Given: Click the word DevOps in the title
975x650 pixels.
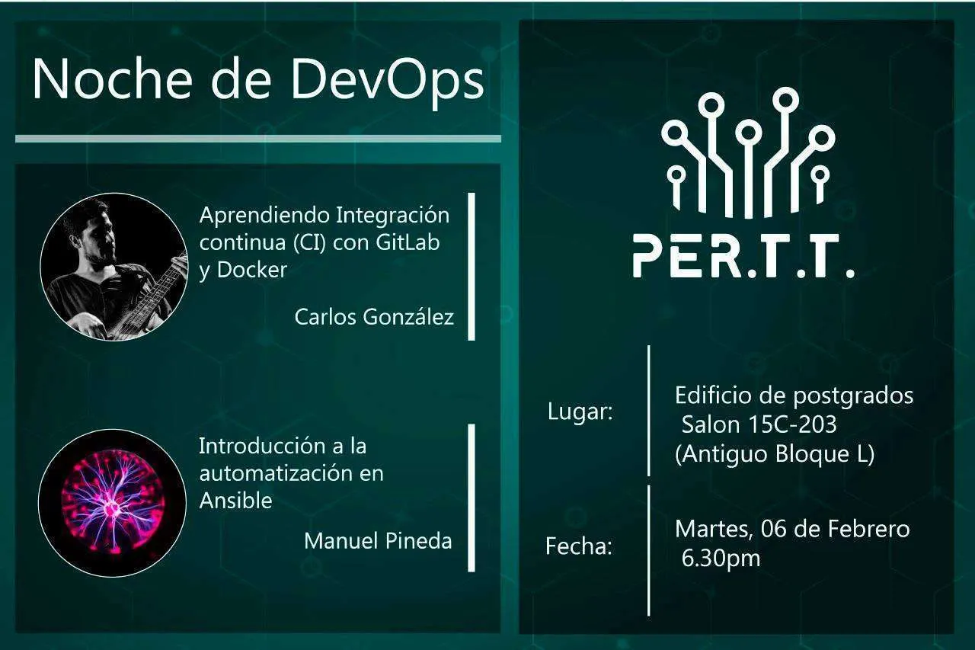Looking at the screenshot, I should tap(388, 78).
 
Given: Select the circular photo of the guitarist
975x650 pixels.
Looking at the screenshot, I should tap(113, 266).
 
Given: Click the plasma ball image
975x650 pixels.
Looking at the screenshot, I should tap(112, 503).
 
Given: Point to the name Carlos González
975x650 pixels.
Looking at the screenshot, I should tap(374, 317).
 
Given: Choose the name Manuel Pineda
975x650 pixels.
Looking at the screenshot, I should tap(378, 541).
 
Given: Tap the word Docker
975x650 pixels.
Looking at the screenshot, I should tap(252, 271).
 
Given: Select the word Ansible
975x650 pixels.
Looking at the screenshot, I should tap(235, 501).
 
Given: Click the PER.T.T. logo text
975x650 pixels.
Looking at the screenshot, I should tap(743, 256).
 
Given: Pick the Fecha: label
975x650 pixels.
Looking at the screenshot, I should tap(579, 546).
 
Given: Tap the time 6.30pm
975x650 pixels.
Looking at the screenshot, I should tap(721, 559).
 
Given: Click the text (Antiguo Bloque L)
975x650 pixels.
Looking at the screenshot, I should tap(775, 454).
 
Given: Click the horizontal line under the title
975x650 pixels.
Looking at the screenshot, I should tap(258, 139).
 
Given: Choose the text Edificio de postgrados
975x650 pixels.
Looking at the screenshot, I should tap(794, 395).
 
